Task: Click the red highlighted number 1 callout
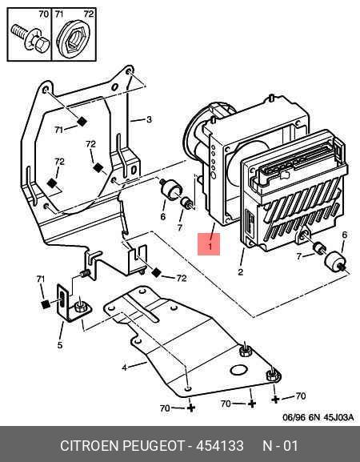[x=209, y=244]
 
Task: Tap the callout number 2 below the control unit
[x=241, y=272]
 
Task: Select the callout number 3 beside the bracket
[x=150, y=119]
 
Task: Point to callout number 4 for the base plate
[x=125, y=368]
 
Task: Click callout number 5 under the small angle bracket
[x=60, y=345]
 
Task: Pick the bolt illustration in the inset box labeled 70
[x=30, y=38]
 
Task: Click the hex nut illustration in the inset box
[x=74, y=38]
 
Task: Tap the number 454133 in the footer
[x=220, y=445]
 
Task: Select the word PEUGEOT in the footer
[x=153, y=445]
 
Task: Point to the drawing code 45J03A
[x=338, y=417]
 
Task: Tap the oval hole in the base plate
[x=238, y=370]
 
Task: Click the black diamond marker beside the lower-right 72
[x=156, y=273]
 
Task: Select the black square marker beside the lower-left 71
[x=46, y=304]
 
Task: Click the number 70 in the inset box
[x=43, y=14]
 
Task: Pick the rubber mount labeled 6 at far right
[x=334, y=260]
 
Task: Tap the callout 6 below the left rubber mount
[x=162, y=217]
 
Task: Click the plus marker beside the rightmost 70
[x=275, y=400]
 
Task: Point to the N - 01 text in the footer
[x=280, y=445]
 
